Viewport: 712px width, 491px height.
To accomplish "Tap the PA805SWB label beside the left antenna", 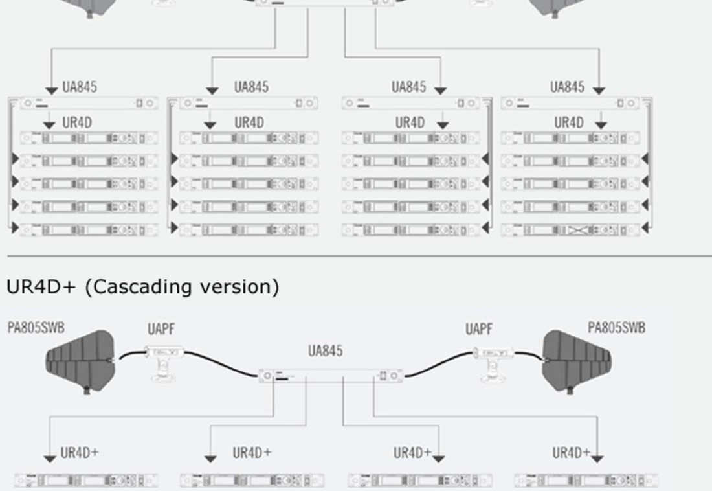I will pyautogui.click(x=36, y=328).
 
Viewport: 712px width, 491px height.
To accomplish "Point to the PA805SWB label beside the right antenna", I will pyautogui.click(x=616, y=328).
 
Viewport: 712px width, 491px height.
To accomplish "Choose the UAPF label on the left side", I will pyautogui.click(x=161, y=330).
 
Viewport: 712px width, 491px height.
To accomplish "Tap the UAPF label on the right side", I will pyautogui.click(x=478, y=330).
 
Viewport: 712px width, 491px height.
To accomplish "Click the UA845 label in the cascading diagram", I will pyautogui.click(x=326, y=351).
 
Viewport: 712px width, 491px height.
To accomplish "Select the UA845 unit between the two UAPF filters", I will pyautogui.click(x=330, y=376).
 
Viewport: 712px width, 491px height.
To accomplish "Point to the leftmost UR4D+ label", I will pyautogui.click(x=80, y=453).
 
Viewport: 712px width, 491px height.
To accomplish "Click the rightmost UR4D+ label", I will pyautogui.click(x=571, y=453).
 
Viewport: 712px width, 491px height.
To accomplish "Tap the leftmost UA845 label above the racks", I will pyautogui.click(x=80, y=87).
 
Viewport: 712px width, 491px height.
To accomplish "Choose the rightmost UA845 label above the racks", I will pyautogui.click(x=567, y=87).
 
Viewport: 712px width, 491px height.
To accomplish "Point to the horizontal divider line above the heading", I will pyautogui.click(x=356, y=257).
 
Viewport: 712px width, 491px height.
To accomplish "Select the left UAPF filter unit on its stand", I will pyautogui.click(x=165, y=354).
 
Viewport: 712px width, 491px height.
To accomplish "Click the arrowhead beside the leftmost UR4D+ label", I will pyautogui.click(x=50, y=459).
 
